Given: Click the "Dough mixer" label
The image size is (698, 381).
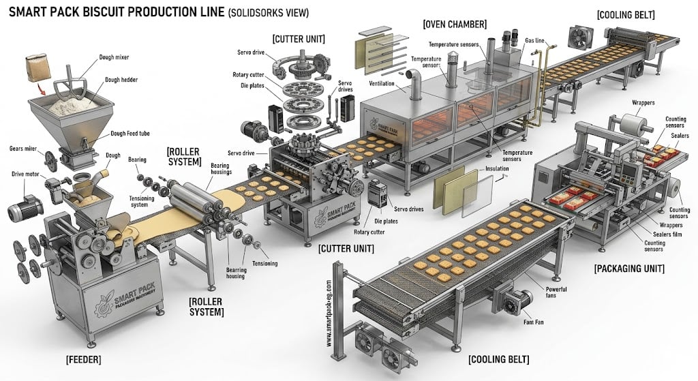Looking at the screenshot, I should pos(115,57).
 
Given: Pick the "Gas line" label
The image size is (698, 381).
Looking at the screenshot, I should pos(534,40).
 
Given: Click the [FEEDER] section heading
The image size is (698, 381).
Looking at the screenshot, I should pos(84,359).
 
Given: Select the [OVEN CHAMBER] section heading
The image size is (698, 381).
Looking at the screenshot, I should pos(455,24).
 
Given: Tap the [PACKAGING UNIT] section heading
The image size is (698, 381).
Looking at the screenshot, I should pos(629,269).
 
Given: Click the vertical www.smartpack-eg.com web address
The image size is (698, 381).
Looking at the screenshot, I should pos(329,314).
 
